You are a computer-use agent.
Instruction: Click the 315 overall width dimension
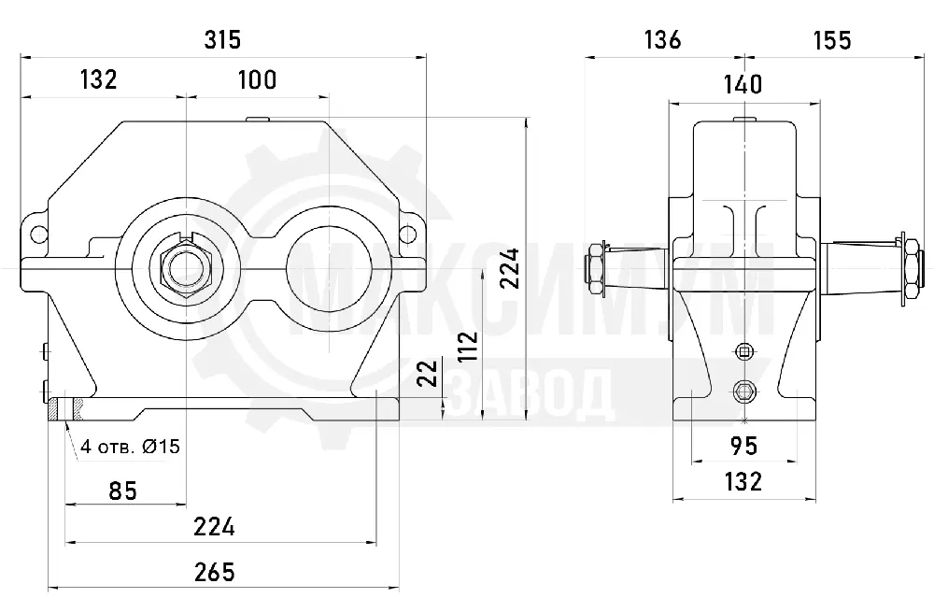point(222,40)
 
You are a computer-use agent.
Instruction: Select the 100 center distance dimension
point(258,79)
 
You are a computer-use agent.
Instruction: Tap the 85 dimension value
point(123,491)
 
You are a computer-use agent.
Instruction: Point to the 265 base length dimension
point(215,572)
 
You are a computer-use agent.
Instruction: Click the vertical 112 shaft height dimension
point(470,347)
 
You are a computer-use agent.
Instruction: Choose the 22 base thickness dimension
point(428,374)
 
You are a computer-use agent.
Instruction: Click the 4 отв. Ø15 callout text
point(131,447)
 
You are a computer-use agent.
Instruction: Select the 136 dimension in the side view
point(662,40)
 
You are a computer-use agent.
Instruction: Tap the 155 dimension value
point(833,40)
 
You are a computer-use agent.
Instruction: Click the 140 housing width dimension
point(743,85)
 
